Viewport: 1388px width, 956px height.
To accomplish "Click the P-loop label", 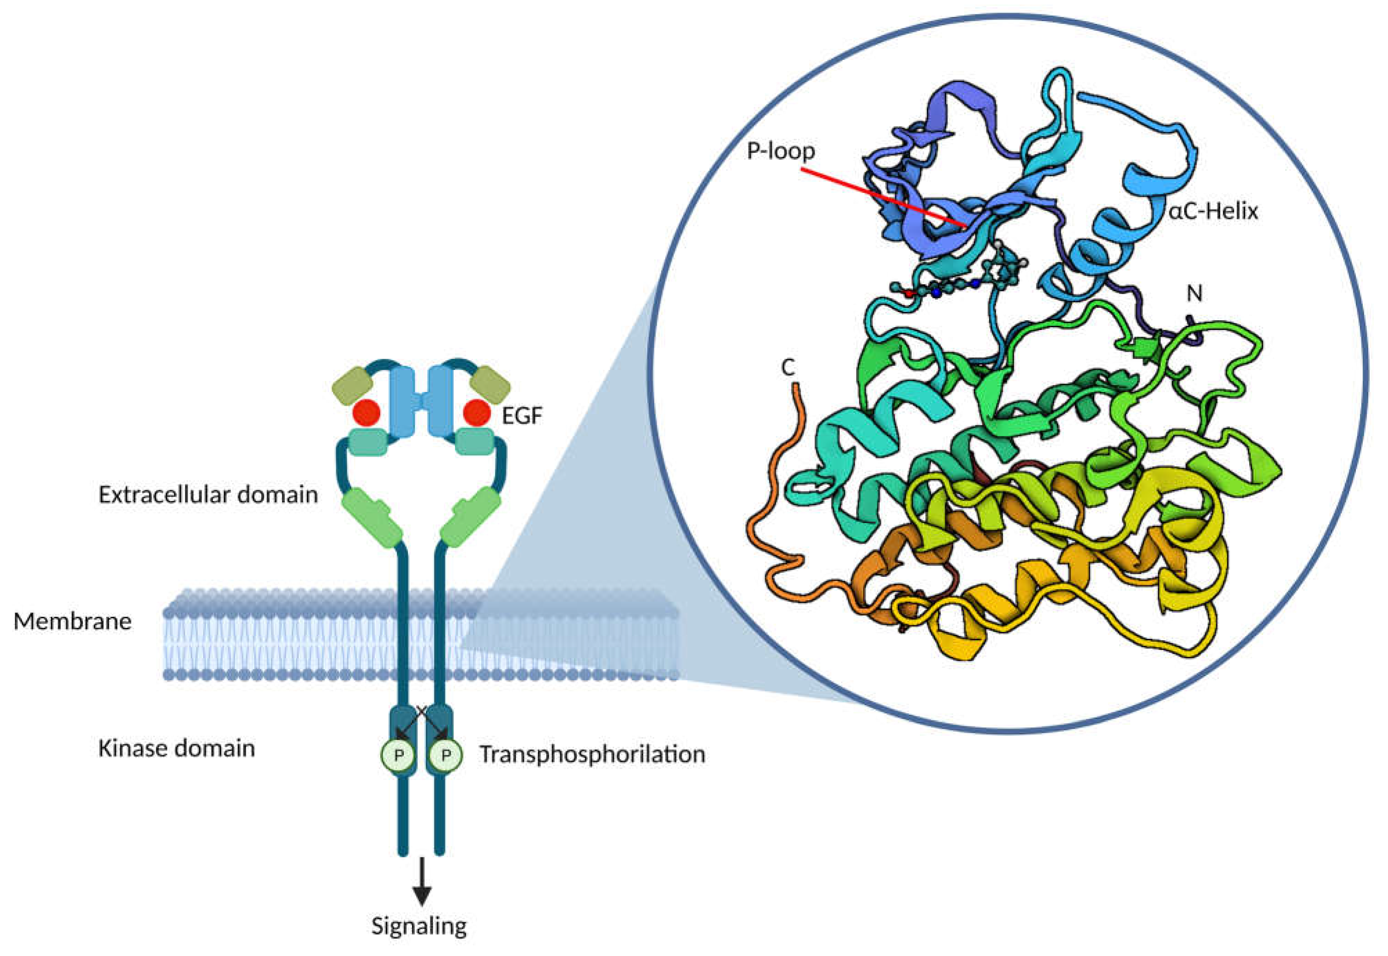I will (780, 151).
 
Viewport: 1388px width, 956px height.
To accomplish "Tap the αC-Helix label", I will (1213, 211).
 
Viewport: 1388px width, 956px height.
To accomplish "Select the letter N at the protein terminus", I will (1194, 294).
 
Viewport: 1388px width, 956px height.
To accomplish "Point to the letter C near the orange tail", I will (788, 368).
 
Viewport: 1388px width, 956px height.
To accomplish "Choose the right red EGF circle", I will (477, 413).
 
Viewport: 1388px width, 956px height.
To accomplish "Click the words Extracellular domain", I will (208, 495).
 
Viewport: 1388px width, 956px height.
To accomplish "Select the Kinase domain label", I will (177, 748).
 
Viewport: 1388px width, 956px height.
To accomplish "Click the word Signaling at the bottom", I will (419, 926).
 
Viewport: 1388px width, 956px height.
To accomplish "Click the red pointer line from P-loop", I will (881, 198).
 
